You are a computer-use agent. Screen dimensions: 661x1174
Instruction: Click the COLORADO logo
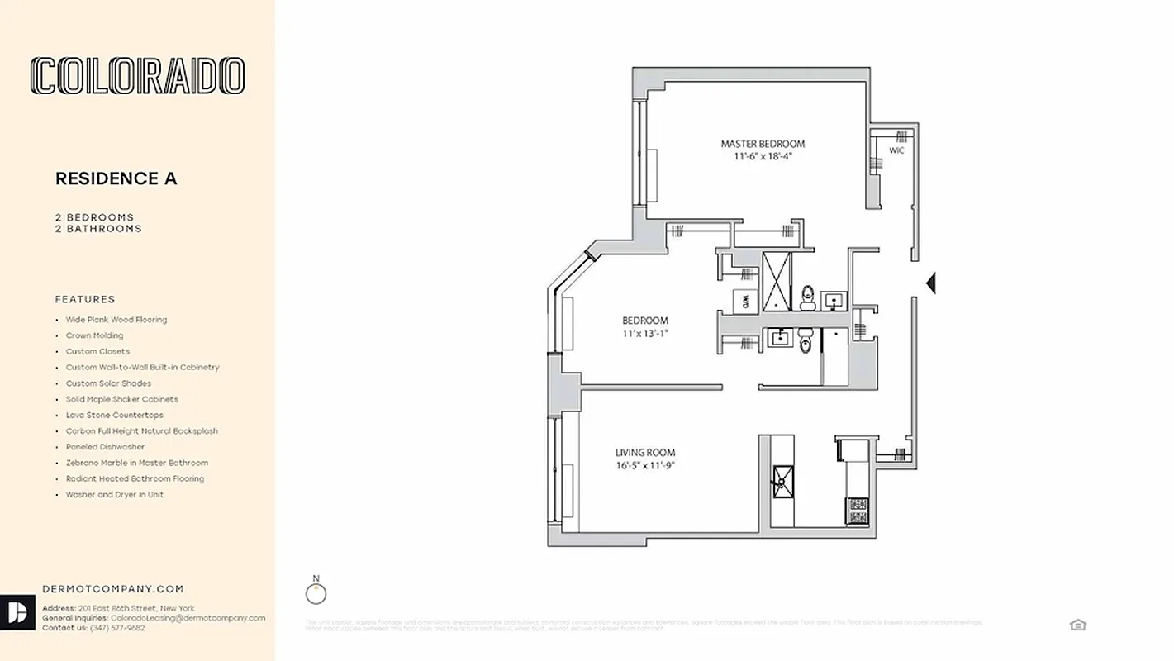[x=137, y=76]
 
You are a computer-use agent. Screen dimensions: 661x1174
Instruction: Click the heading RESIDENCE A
[x=116, y=178]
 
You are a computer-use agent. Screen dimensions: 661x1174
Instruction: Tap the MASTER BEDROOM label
[x=762, y=144]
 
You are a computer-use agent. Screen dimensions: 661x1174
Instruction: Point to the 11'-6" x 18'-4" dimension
[x=762, y=157]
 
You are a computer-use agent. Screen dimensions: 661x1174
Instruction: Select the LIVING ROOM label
[x=644, y=453]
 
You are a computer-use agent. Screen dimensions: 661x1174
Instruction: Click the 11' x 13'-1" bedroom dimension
[x=644, y=334]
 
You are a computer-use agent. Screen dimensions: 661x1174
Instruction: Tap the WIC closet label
[x=896, y=150]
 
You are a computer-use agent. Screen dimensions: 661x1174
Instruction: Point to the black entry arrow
[x=930, y=283]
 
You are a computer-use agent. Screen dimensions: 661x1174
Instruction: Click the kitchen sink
[x=782, y=479]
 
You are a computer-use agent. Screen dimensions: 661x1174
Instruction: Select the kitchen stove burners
[x=857, y=510]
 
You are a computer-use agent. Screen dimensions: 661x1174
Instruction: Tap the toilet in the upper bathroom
[x=807, y=297]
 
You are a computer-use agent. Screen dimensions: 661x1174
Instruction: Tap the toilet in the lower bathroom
[x=806, y=341]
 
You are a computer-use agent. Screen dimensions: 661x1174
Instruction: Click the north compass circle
[x=316, y=593]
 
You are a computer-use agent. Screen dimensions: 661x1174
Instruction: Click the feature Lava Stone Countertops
[x=115, y=416]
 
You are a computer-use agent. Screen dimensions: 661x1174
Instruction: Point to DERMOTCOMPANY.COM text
[x=113, y=589]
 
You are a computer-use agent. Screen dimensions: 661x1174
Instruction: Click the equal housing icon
[x=1077, y=625]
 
